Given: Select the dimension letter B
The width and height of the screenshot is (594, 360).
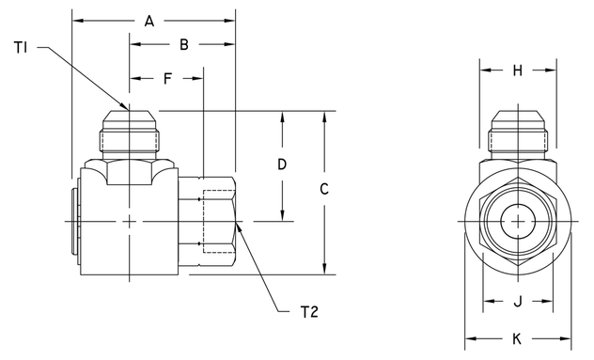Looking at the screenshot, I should (183, 44).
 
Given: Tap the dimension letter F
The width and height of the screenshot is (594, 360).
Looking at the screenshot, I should (167, 79).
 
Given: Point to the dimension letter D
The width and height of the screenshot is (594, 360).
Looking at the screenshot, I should (281, 164).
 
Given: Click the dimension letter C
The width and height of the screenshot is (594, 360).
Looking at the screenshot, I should (323, 189).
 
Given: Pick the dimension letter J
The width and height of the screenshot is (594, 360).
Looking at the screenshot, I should (517, 302).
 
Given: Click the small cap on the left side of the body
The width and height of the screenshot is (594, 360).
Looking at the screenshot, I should (76, 222).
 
